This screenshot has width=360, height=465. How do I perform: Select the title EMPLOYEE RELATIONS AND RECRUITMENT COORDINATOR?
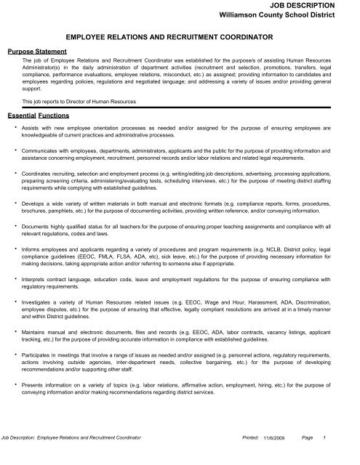180,36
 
